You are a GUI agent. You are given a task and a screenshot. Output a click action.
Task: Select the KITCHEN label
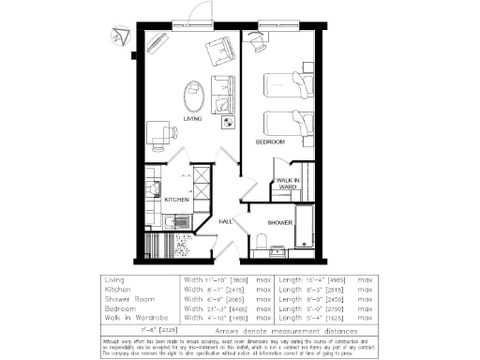(x=177, y=200)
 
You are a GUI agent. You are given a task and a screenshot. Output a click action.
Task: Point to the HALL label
(x=225, y=221)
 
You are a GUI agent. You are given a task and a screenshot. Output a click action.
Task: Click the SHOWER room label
(x=280, y=222)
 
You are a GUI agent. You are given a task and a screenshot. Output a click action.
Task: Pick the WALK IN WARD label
(x=287, y=183)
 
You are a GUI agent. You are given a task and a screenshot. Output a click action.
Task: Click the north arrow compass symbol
(x=118, y=37)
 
